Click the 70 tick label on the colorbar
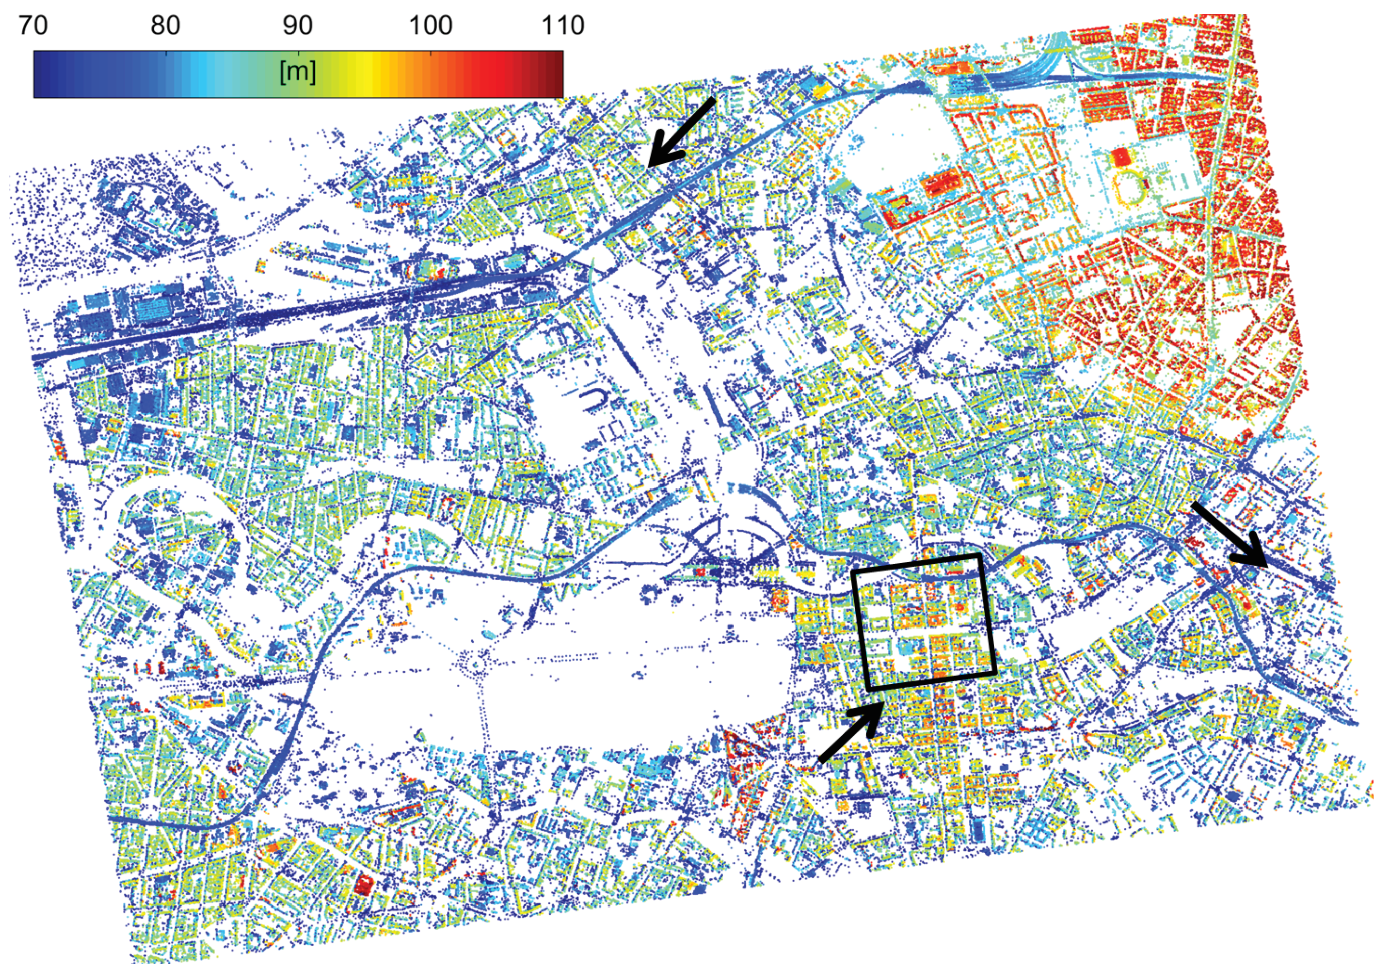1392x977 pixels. pos(33,26)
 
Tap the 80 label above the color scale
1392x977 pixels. pos(165,26)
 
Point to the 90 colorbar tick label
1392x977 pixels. pos(298,26)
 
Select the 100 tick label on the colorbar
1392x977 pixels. pos(430,26)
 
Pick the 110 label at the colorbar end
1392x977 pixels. pos(563,26)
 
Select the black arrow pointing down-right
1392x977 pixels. pos(1229,535)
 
